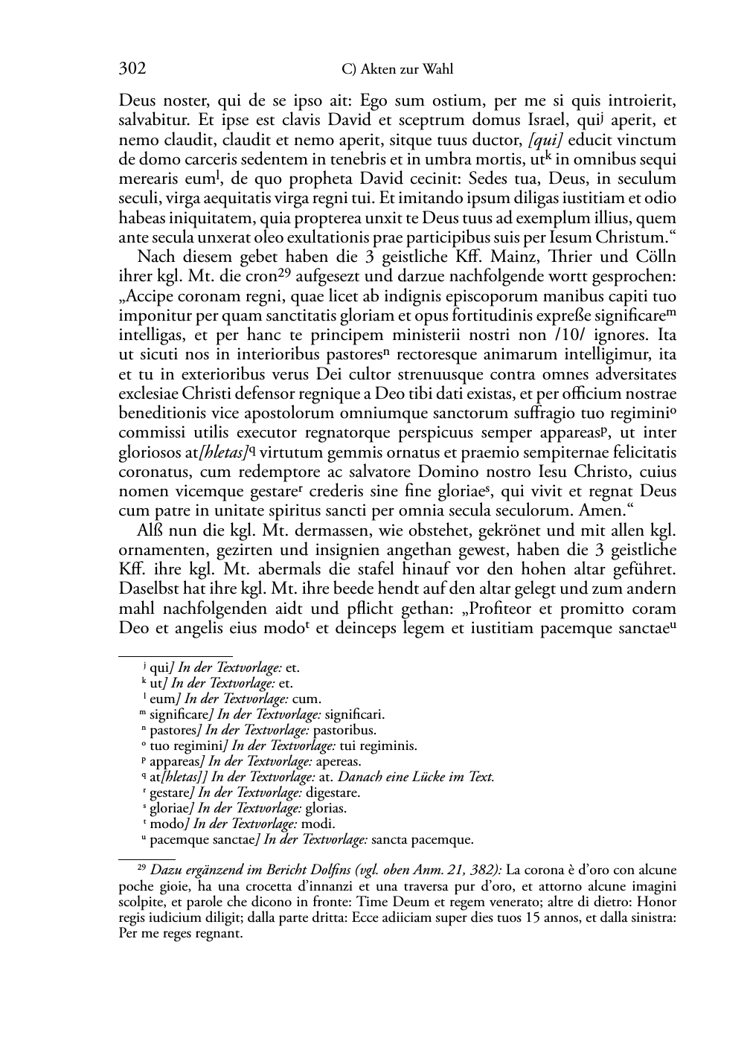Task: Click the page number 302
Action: pyautogui.click(x=132, y=69)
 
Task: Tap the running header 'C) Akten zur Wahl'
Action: pyautogui.click(x=397, y=70)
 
